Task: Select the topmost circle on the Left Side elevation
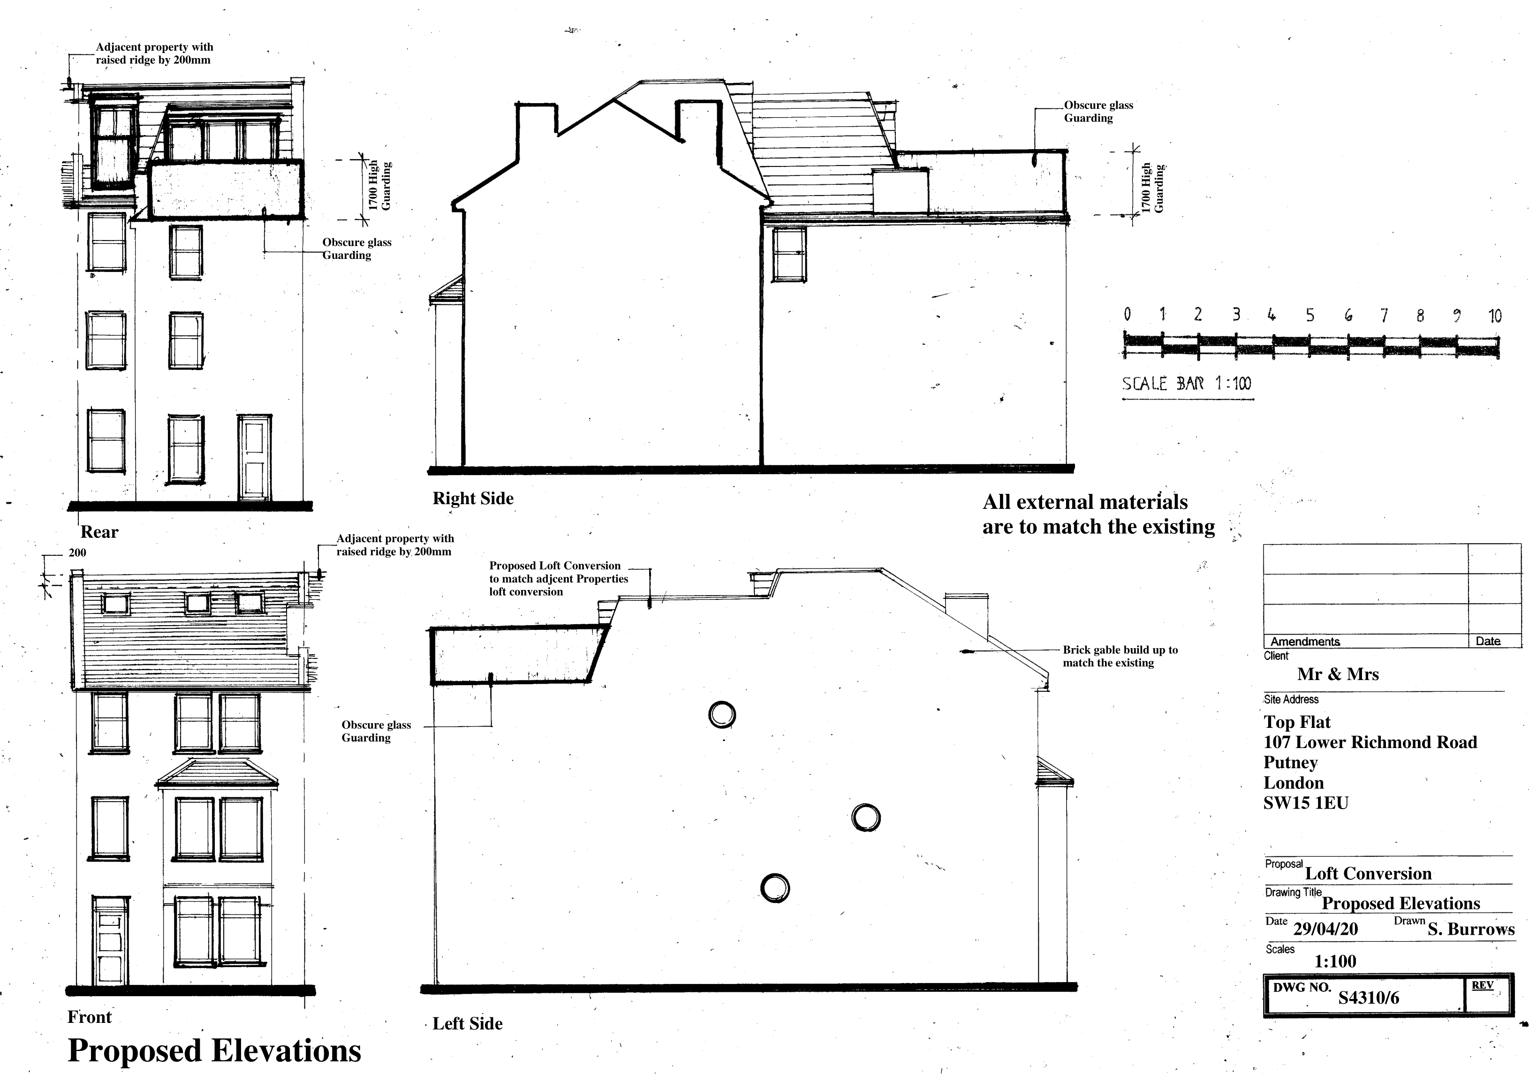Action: [722, 714]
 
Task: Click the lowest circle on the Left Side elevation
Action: [774, 887]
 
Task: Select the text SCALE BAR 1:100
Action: [1186, 384]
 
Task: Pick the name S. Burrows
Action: [1471, 929]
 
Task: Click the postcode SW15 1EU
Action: [1305, 803]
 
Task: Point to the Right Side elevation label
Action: [473, 498]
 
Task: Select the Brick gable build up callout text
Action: [1120, 656]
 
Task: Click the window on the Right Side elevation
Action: [789, 254]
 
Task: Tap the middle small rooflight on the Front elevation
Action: [197, 603]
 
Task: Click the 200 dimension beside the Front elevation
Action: [77, 552]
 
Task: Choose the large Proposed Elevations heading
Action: [214, 1051]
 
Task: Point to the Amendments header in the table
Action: [1305, 641]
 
